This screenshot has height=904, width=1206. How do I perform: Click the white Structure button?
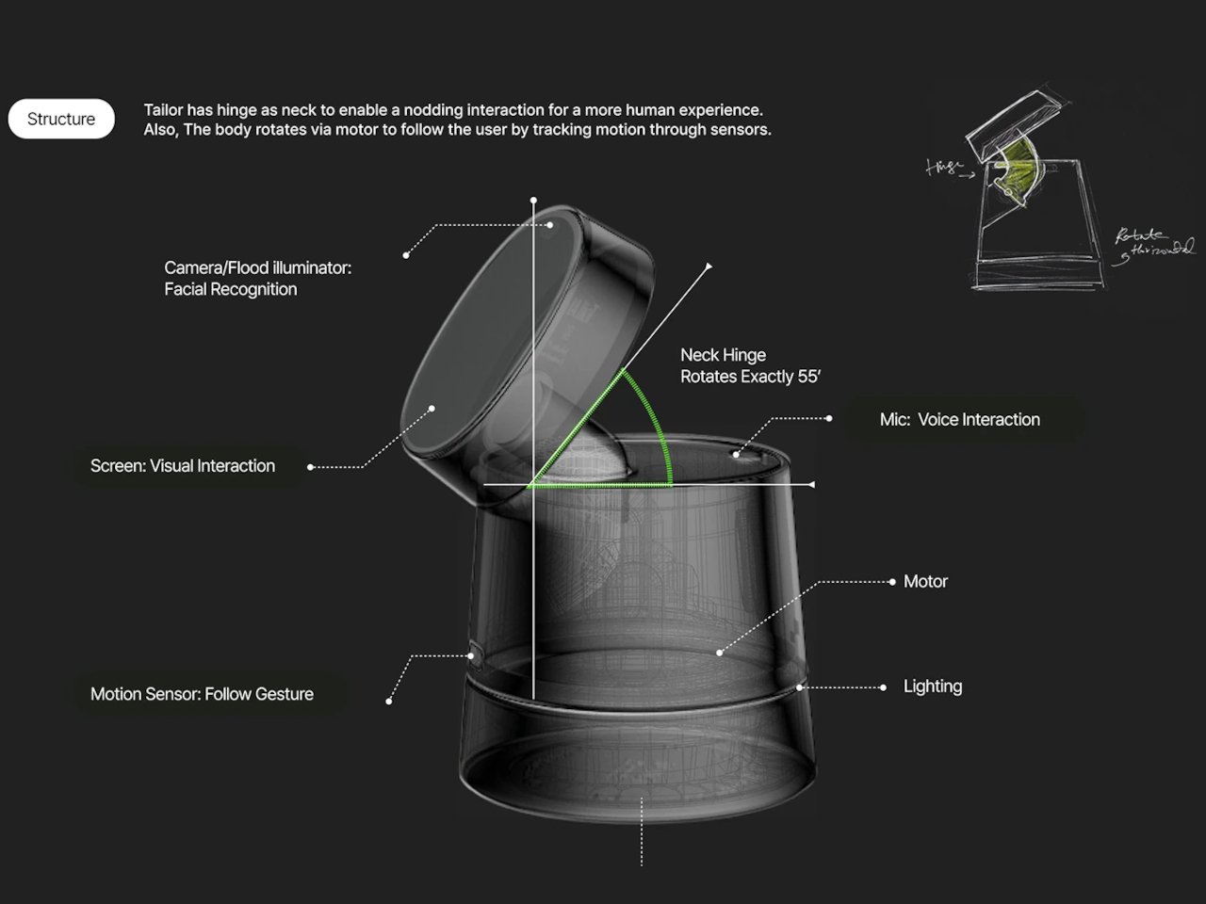pos(61,119)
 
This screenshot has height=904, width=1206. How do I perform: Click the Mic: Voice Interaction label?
pos(959,420)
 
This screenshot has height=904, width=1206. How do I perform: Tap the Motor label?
pos(925,582)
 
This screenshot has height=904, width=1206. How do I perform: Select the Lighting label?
pos(932,686)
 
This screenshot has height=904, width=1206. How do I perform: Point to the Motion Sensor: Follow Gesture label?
pos(202,694)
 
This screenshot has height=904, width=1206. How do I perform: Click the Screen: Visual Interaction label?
pos(183,466)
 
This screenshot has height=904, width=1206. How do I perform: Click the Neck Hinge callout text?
pos(750,365)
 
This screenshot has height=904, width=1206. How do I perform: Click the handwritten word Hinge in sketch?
pos(943,168)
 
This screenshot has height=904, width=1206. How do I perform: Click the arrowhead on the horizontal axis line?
pos(810,485)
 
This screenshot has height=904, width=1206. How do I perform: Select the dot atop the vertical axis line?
pos(533,201)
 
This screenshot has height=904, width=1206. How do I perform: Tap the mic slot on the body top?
pos(744,454)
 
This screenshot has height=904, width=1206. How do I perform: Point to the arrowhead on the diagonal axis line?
pos(709,266)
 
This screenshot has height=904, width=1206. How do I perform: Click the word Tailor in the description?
pos(164,110)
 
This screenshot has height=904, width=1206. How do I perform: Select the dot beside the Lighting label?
pos(883,687)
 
